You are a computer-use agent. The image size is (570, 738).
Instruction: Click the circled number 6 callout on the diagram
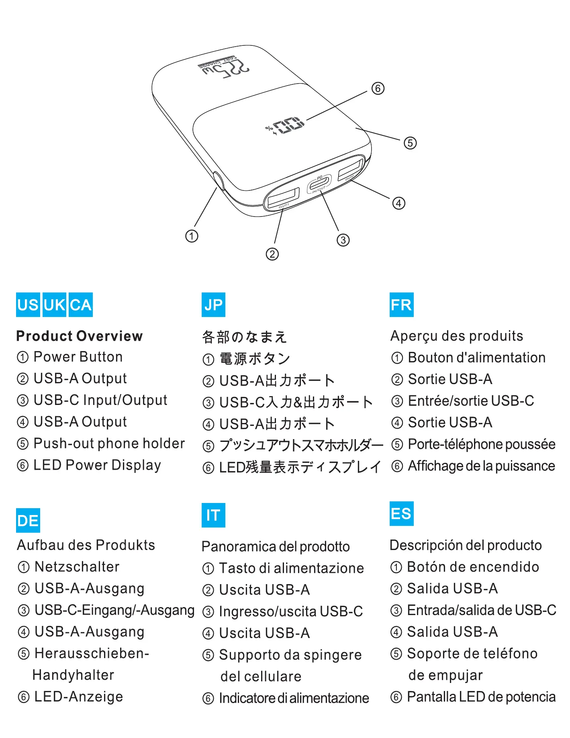(x=378, y=88)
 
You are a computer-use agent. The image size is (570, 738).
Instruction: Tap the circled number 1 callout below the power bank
(x=192, y=236)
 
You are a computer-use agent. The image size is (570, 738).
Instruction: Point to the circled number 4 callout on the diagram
(x=398, y=203)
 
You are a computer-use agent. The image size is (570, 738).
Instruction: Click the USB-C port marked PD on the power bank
(x=319, y=184)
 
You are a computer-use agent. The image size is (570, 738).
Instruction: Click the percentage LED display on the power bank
(x=287, y=126)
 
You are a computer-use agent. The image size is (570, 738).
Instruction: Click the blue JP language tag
(x=213, y=305)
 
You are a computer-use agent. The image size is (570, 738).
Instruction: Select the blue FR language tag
(x=401, y=305)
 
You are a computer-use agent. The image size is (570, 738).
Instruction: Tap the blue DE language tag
(x=28, y=521)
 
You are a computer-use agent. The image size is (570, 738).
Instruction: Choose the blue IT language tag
(x=213, y=515)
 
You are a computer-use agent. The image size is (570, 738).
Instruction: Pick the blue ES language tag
(x=401, y=513)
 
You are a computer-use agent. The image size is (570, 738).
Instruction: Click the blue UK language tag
(x=54, y=305)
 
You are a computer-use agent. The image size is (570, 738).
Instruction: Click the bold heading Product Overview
(x=80, y=336)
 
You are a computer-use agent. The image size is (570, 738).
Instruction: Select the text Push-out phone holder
(x=109, y=444)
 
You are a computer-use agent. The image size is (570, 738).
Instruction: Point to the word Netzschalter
(x=77, y=567)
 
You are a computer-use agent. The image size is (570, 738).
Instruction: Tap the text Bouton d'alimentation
(x=476, y=358)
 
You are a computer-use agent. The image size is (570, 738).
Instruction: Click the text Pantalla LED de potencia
(x=481, y=697)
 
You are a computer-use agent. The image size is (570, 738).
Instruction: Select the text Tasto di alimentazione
(x=291, y=568)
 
